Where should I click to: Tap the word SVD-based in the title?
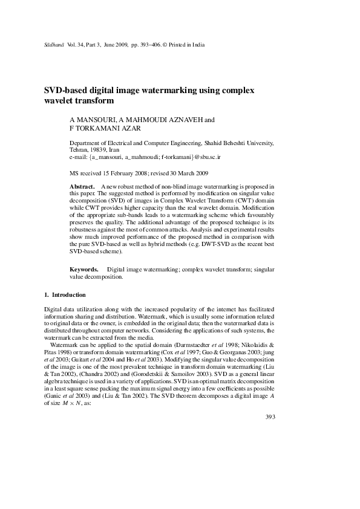[66, 90]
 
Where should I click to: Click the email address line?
[145, 157]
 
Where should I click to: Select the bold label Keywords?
[84, 268]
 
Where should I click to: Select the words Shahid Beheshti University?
[240, 143]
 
